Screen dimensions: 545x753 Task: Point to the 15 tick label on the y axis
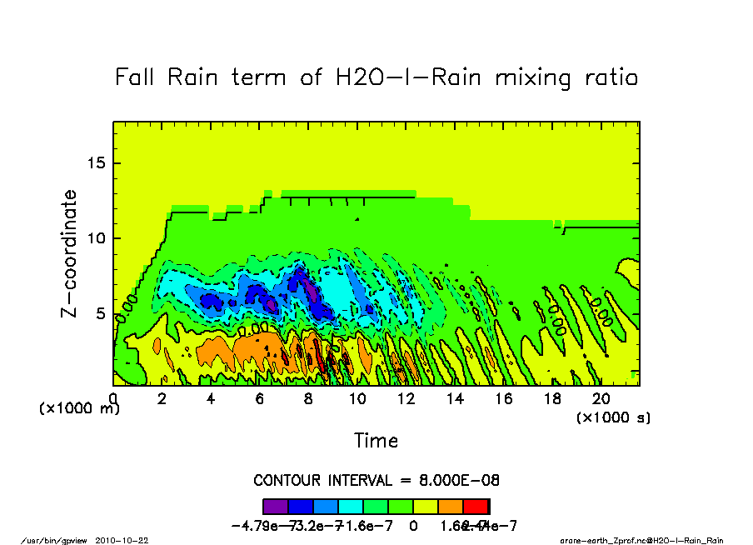click(97, 162)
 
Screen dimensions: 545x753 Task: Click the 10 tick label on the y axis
click(97, 238)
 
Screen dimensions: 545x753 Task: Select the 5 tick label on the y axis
click(101, 314)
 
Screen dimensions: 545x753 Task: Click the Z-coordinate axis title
click(69, 253)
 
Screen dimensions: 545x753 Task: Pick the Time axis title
click(376, 440)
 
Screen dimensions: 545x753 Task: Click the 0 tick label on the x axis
click(113, 399)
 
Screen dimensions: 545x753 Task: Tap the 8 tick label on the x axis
click(309, 399)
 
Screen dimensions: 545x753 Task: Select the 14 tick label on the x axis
click(455, 399)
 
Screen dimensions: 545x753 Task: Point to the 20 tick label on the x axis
click(601, 399)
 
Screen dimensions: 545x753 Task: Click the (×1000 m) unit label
click(80, 409)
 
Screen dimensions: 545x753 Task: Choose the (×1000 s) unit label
click(613, 417)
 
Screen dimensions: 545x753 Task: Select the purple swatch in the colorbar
click(276, 506)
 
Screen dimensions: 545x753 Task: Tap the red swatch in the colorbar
click(476, 506)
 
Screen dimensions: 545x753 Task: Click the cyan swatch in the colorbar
click(351, 506)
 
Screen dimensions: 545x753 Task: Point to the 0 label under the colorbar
click(413, 525)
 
